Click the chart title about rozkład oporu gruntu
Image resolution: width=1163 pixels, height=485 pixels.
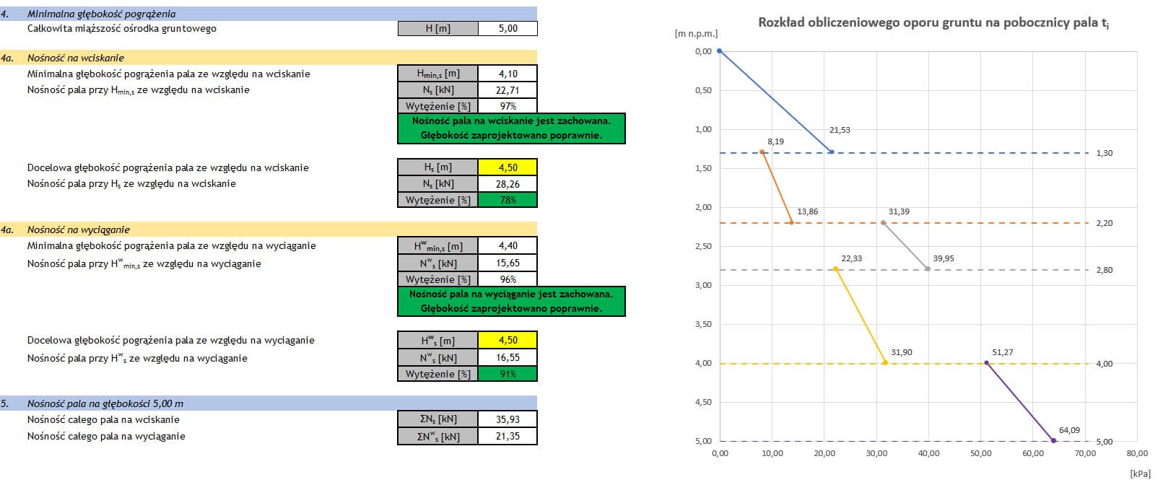[933, 23]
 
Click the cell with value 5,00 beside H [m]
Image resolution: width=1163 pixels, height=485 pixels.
[508, 28]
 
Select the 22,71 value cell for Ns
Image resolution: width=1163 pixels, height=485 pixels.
[508, 90]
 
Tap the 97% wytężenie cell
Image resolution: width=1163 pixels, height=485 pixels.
[508, 106]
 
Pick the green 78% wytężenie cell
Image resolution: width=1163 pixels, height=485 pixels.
[508, 200]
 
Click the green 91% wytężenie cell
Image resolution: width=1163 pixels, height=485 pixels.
[508, 374]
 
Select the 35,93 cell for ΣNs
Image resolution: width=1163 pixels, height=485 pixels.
[508, 419]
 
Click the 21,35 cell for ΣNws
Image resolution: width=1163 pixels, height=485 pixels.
[508, 436]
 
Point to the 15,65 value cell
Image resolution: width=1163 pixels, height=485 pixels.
[508, 263]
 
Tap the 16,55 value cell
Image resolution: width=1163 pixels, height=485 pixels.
[508, 357]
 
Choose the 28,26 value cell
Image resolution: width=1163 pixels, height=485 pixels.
[508, 183]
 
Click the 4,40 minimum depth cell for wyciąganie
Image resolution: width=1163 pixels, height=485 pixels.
[508, 245]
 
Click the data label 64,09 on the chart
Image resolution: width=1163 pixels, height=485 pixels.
[1069, 430]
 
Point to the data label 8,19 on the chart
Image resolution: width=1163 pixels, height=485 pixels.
[775, 141]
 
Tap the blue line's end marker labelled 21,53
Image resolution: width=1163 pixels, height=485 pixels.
[832, 152]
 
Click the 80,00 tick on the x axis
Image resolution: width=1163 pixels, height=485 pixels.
[1136, 453]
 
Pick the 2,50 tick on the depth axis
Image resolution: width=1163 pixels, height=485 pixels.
[702, 246]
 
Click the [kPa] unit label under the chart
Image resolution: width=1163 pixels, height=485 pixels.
[1140, 473]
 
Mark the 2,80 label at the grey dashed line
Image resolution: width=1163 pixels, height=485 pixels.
[1104, 270]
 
